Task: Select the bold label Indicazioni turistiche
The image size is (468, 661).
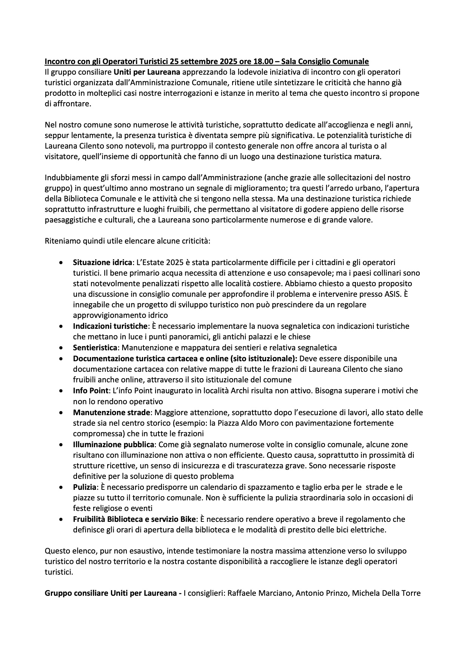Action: (109, 326)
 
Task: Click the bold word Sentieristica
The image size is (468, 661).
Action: (96, 347)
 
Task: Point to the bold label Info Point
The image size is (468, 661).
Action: (91, 390)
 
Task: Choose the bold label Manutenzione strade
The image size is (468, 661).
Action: (112, 412)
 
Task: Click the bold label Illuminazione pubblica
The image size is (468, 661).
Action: (114, 445)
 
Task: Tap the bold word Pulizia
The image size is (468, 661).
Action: (85, 487)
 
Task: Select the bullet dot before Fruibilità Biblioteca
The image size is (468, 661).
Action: (61, 519)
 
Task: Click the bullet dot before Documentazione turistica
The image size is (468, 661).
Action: (61, 359)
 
